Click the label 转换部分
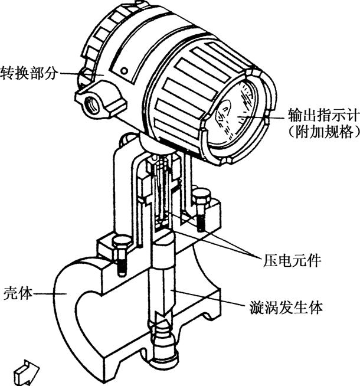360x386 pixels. point(29,73)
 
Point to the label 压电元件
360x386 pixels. point(292,261)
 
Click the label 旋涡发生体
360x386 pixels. point(286,308)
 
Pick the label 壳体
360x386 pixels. point(18,293)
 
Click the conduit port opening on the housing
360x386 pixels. point(92,105)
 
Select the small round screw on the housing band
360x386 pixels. point(125,71)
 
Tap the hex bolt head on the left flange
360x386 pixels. point(122,243)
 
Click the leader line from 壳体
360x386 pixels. point(50,293)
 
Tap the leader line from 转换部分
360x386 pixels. point(82,74)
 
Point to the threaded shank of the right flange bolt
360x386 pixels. point(201,219)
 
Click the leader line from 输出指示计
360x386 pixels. point(261,117)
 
